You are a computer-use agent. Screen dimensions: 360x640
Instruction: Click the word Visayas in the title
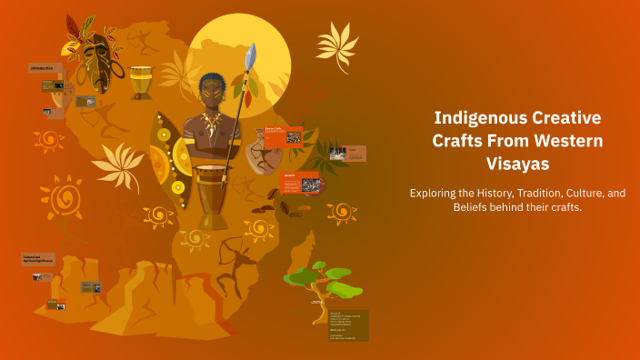point(516,164)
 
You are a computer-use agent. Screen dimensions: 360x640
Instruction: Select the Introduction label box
point(46,68)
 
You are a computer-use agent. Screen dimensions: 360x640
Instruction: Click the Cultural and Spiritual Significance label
point(38,259)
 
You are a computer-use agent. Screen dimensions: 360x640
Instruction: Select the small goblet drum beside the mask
point(141,82)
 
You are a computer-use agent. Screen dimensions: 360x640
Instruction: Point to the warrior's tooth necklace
point(212,123)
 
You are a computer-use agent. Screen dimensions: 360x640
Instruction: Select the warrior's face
point(211,92)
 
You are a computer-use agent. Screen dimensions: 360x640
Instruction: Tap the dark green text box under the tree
point(348,325)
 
